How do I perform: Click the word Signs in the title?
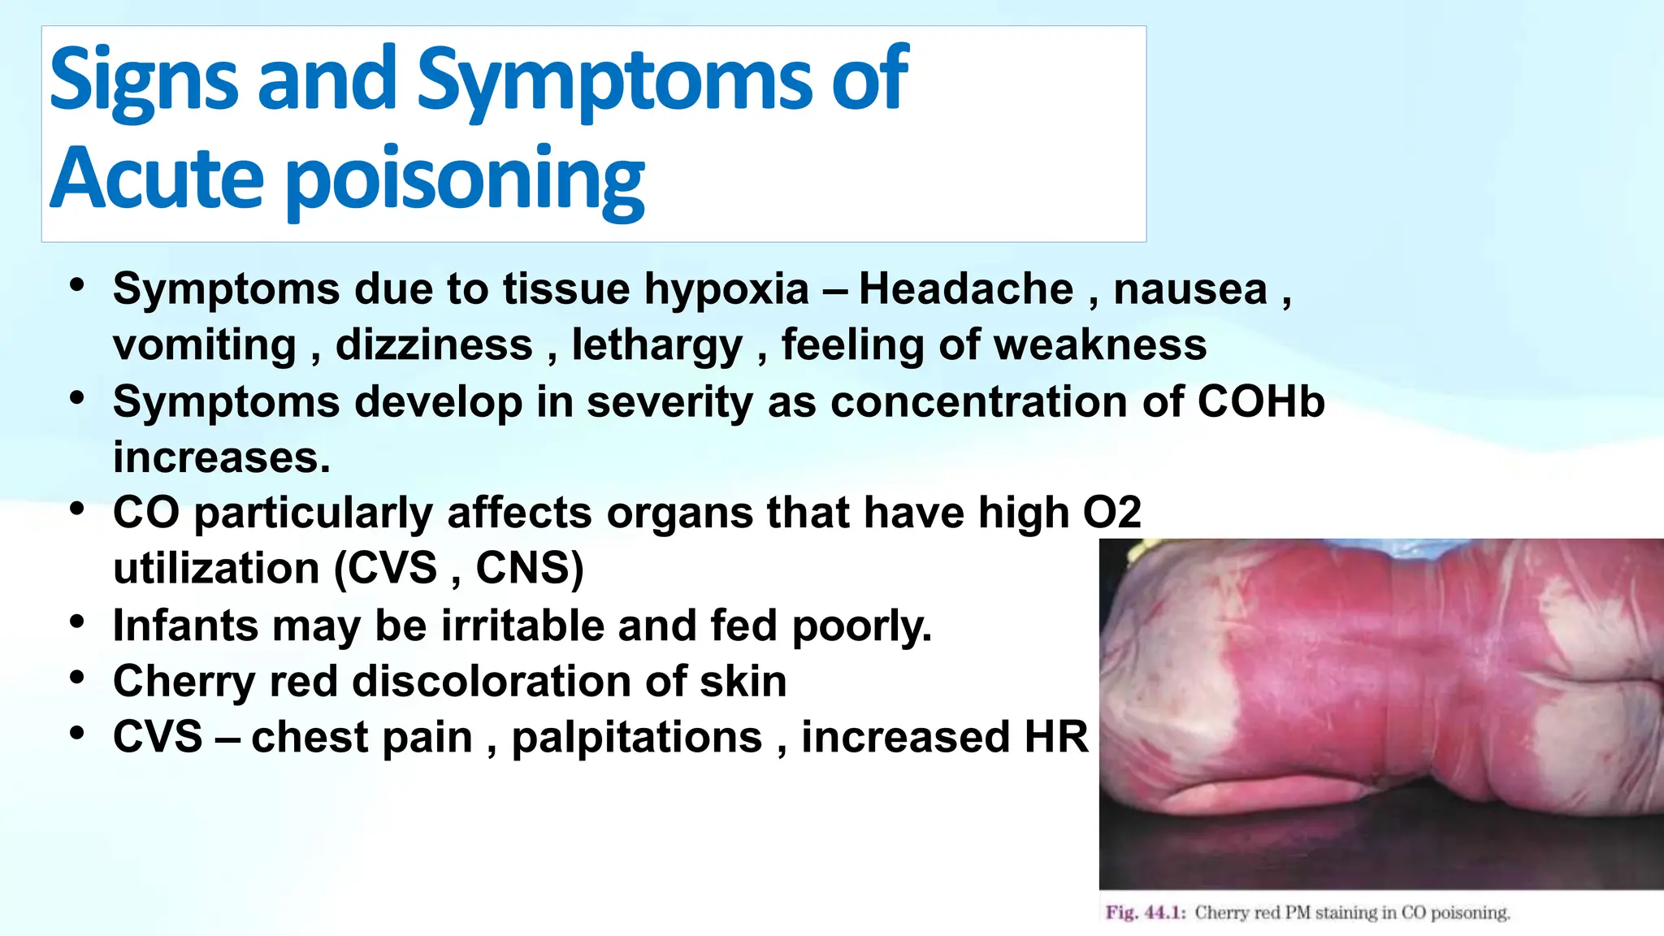(x=143, y=80)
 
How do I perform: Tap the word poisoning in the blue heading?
(x=465, y=179)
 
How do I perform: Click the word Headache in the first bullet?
(x=966, y=289)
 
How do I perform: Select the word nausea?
(x=1189, y=289)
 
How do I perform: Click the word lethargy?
(x=656, y=346)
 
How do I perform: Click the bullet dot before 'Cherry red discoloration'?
(x=77, y=677)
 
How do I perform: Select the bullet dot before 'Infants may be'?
(x=77, y=622)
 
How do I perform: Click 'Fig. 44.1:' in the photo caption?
(x=1146, y=912)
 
